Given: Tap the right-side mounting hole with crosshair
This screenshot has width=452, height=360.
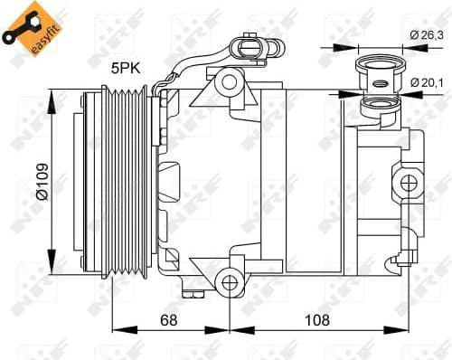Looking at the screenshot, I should point(410,183).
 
